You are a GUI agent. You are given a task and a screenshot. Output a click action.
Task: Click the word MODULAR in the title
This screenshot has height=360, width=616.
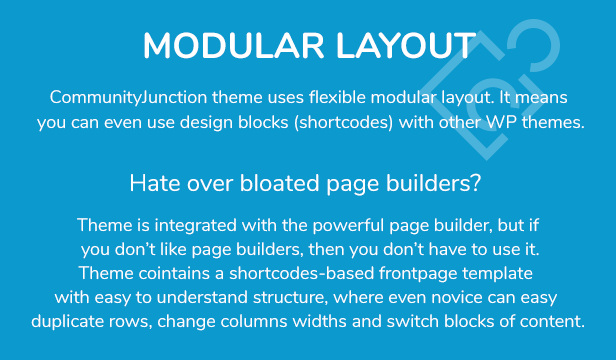pyautogui.click(x=233, y=46)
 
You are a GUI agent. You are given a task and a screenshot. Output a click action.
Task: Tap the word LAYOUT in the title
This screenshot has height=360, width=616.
pyautogui.click(x=405, y=46)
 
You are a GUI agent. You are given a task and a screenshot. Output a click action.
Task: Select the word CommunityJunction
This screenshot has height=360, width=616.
pyautogui.click(x=128, y=98)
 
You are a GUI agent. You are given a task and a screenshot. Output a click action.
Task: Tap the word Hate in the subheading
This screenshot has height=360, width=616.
pyautogui.click(x=156, y=183)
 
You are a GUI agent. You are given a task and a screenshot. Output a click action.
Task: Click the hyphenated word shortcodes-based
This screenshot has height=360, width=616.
pyautogui.click(x=301, y=274)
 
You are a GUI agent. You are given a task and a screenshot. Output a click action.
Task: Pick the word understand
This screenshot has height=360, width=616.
pyautogui.click(x=202, y=298)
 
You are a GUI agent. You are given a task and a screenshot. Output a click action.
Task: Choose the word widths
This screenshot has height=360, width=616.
pyautogui.click(x=320, y=321)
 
